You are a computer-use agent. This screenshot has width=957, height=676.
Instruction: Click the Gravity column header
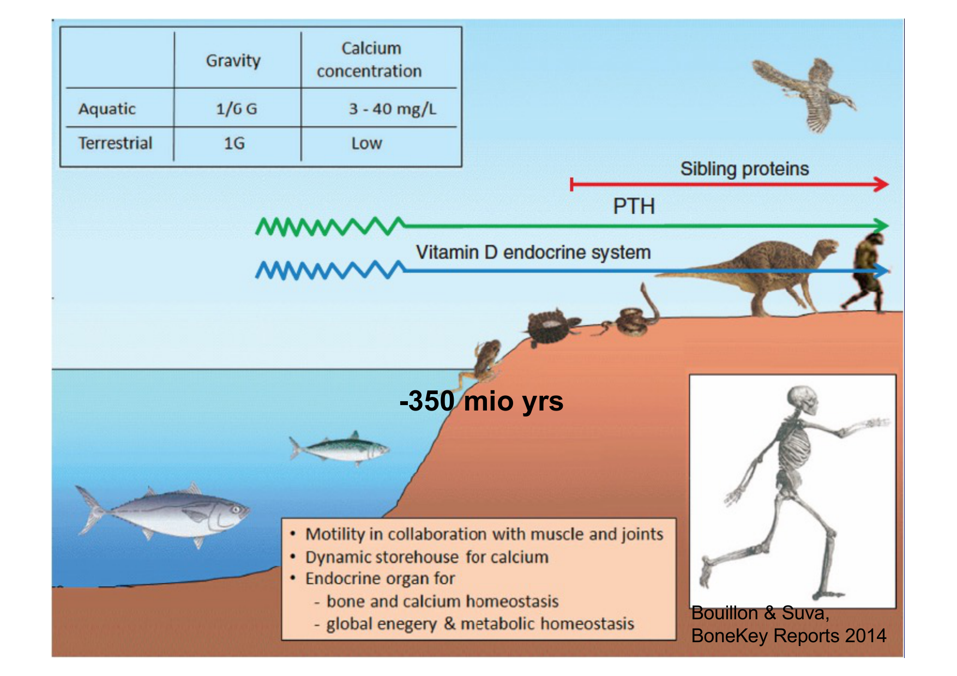(x=233, y=61)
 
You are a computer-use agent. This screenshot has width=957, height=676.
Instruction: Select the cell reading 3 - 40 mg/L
(x=393, y=108)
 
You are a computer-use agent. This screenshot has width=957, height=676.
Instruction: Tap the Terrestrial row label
(x=115, y=143)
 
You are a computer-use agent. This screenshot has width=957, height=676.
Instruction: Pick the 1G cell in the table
(x=234, y=143)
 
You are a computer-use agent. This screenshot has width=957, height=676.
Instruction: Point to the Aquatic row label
(x=107, y=108)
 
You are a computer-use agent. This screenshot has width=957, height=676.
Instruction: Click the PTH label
(x=634, y=207)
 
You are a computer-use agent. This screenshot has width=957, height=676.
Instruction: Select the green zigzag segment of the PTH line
(x=330, y=226)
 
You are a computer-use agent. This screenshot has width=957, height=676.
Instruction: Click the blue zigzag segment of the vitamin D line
(x=330, y=270)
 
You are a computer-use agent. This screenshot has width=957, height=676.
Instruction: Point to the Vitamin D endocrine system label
(x=533, y=252)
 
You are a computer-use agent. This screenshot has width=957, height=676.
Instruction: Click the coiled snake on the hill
(x=633, y=316)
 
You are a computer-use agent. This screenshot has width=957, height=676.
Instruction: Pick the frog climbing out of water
(x=483, y=363)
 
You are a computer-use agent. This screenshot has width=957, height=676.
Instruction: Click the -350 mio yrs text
(x=481, y=401)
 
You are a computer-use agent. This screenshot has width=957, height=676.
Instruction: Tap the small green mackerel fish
(x=339, y=449)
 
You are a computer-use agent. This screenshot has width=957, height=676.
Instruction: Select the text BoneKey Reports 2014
(x=789, y=636)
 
